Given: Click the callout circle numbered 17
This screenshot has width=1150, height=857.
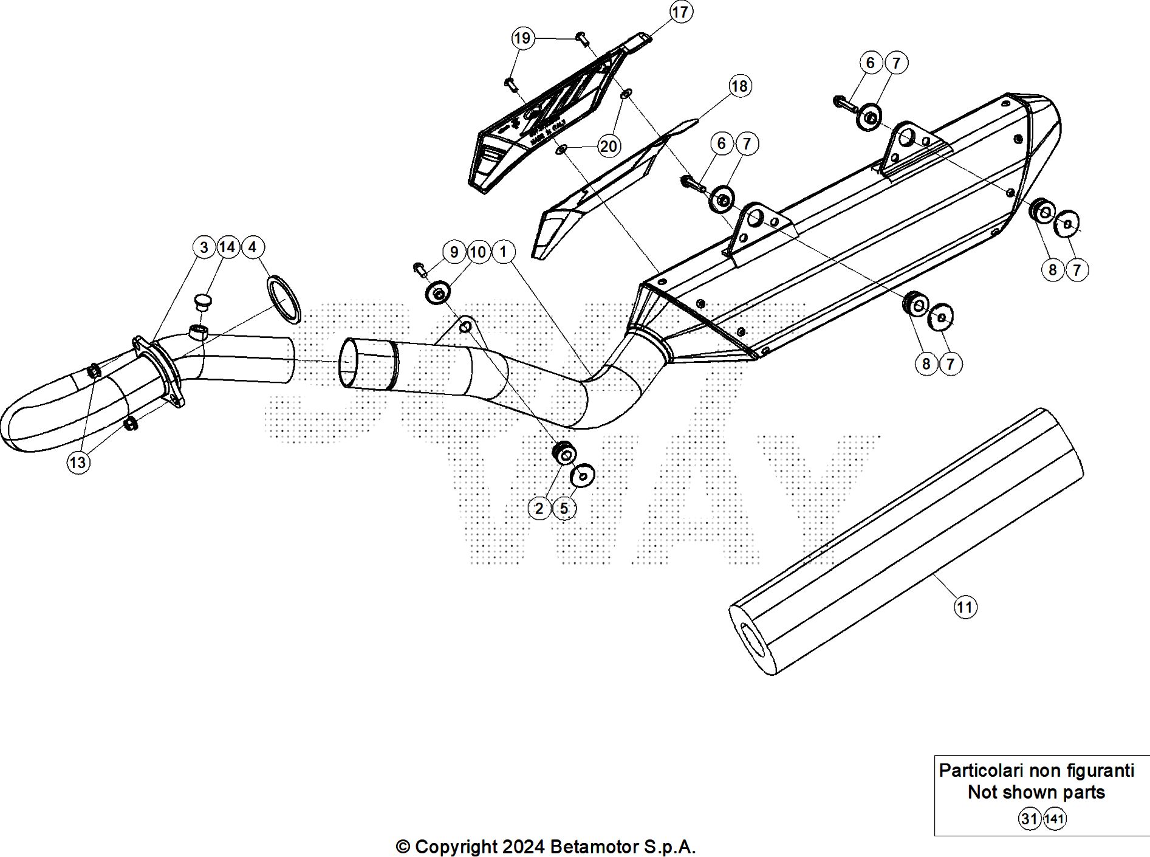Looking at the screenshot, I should click(680, 12).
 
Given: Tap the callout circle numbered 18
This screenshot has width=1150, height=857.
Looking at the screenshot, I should click(739, 86).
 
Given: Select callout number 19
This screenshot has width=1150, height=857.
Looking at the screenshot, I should click(522, 38).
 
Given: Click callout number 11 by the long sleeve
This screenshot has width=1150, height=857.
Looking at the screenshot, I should click(965, 607).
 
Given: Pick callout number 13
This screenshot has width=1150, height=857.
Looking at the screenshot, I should click(78, 463).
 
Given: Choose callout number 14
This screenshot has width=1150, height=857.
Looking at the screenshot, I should click(227, 247).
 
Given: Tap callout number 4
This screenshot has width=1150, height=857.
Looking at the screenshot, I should click(253, 247).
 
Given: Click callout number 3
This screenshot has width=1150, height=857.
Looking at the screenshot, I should click(204, 247).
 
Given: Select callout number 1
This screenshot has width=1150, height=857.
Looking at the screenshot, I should click(503, 252).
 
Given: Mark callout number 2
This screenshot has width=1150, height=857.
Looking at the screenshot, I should click(539, 508).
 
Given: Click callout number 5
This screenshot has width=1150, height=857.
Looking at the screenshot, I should click(564, 508).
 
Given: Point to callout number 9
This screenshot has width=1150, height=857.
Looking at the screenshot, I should click(454, 252).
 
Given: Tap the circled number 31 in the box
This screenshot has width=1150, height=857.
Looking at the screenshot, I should click(1029, 819).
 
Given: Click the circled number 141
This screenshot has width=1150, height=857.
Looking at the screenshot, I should click(1055, 819).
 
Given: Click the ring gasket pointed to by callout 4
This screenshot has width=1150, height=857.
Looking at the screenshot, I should click(284, 298).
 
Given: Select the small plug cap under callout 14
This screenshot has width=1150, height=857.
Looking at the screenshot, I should click(202, 300).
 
